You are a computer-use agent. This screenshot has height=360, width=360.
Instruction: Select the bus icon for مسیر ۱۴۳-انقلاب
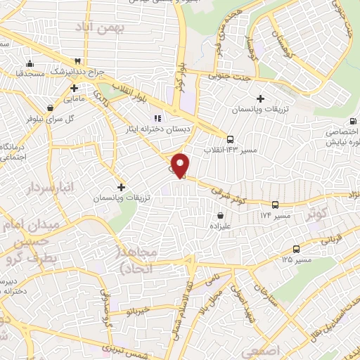point(231,138)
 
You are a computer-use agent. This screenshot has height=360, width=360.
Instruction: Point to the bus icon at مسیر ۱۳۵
point(295,248)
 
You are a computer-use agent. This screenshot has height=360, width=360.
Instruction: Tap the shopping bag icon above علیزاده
point(221,215)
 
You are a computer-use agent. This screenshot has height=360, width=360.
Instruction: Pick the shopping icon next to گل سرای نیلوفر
point(51,108)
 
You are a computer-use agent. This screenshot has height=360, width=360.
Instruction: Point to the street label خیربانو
point(136,309)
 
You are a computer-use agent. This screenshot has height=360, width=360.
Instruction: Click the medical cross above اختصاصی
point(349,120)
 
